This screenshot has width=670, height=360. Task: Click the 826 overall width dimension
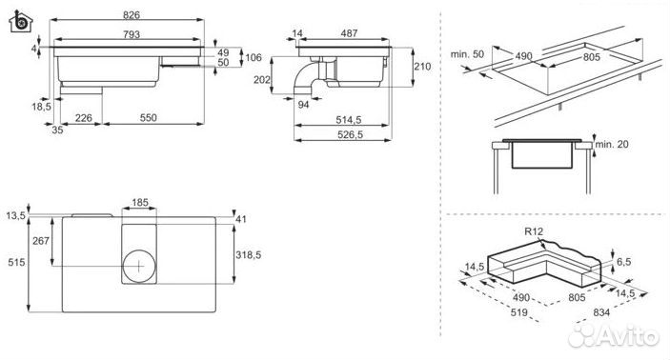coord(132,15)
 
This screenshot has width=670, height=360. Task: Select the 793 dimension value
coord(132,34)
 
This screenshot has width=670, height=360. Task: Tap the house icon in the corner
coord(21,21)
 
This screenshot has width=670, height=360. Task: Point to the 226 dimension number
coord(83,118)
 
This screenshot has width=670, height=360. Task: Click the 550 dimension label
coord(149,118)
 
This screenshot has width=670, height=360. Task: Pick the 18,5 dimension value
coord(41,107)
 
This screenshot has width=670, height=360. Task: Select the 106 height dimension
coord(254,57)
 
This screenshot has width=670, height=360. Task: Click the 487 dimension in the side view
coord(349,33)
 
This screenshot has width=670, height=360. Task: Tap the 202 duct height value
coord(262,79)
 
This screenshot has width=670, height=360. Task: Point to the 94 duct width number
coord(303,104)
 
